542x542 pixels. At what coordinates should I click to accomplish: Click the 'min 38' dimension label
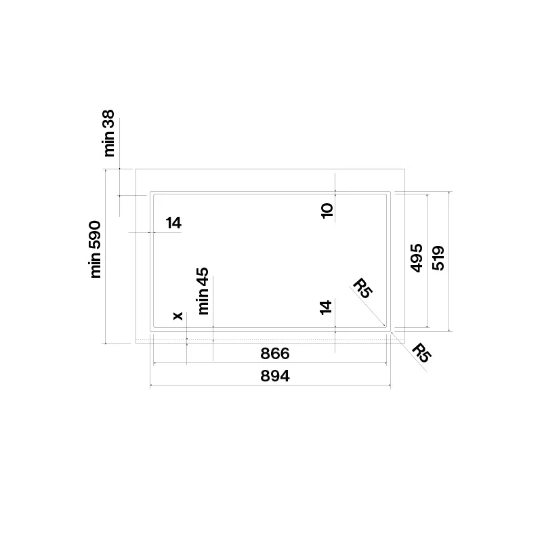(109, 133)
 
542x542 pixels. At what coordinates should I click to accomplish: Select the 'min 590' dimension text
(96, 249)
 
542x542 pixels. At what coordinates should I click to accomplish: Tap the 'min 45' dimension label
(203, 291)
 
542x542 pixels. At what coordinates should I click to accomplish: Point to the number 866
(275, 354)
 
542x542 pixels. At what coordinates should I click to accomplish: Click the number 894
(275, 376)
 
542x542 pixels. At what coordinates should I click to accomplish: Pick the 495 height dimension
(417, 258)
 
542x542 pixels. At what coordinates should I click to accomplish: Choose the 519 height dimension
(438, 258)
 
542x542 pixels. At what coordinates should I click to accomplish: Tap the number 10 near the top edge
(327, 211)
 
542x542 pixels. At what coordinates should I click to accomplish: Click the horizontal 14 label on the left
(173, 223)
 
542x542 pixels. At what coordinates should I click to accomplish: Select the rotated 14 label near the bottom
(326, 308)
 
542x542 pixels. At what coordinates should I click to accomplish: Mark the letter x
(178, 316)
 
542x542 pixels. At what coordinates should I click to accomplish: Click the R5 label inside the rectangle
(362, 287)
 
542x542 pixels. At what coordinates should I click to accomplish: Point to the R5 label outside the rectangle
(421, 352)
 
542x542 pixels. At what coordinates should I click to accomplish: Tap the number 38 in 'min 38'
(109, 118)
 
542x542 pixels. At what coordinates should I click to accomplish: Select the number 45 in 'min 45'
(203, 276)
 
